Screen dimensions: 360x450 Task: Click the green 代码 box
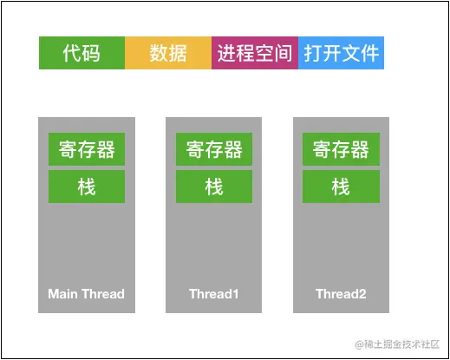pos(82,54)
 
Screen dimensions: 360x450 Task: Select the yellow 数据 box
pos(168,54)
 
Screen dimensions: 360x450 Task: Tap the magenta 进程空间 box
pos(254,54)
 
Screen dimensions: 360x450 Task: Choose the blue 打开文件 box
pos(341,54)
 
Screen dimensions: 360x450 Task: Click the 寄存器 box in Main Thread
pos(87,149)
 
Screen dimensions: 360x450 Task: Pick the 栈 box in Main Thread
pos(87,187)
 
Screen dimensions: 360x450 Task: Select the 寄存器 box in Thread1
pos(214,149)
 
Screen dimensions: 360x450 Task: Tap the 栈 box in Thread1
pos(214,187)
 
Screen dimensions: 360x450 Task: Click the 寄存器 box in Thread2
pos(341,149)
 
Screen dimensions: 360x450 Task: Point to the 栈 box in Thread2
pos(341,187)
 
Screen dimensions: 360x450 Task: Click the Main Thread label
pos(87,294)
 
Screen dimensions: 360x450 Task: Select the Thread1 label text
pos(214,294)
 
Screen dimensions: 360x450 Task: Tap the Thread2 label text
pos(341,294)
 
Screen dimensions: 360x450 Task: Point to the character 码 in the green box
pos(91,54)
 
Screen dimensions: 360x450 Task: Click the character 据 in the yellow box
pos(178,54)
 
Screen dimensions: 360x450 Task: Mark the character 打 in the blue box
pos(312,54)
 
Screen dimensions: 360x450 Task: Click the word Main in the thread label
pos(63,294)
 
